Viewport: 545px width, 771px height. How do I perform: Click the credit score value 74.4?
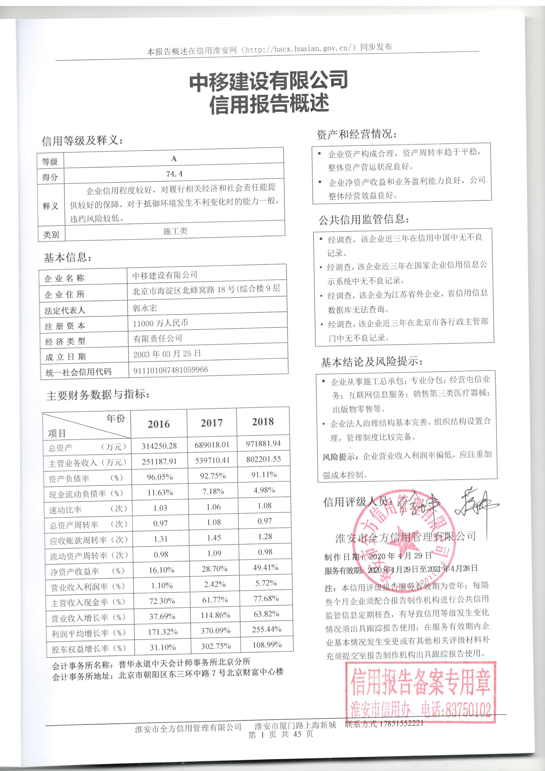point(174,174)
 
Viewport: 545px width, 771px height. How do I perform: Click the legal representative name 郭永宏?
point(145,308)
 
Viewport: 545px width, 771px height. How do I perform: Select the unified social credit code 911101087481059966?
point(171,370)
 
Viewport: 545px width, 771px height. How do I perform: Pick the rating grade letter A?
point(174,159)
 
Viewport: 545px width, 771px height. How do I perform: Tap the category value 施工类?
point(175,231)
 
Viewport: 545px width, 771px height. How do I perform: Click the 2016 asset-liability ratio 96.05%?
point(160,477)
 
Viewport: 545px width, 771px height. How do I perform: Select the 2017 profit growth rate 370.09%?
point(215,631)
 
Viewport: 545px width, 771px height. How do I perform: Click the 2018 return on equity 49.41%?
point(265,567)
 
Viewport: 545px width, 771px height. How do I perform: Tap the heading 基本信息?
point(67,258)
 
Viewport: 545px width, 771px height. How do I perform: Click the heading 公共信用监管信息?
point(364,220)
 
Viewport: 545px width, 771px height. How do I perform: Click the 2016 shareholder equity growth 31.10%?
point(163,647)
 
